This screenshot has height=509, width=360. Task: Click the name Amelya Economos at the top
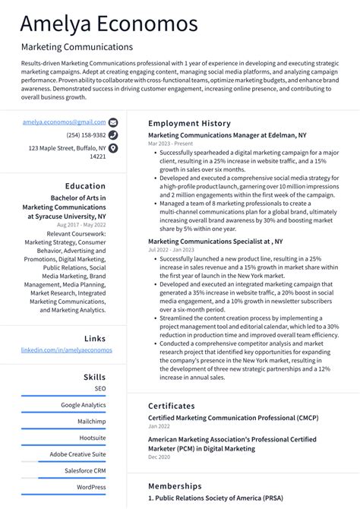point(109,24)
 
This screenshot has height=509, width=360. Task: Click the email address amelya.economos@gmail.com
point(64,122)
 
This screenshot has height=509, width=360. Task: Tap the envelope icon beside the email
point(113,122)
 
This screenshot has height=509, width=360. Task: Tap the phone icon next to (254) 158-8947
point(113,135)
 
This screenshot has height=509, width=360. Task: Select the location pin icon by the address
point(113,148)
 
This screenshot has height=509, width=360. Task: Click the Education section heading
point(85,186)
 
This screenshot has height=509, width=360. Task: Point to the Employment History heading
point(189,123)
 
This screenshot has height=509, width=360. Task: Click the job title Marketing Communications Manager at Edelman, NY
point(227,135)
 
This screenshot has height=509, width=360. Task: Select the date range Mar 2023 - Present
point(170,144)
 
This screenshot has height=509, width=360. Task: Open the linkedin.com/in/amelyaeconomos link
point(66,350)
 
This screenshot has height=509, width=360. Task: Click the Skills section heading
point(94,377)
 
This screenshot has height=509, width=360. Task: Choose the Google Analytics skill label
point(84,405)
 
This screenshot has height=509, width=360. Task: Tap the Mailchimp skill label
point(91,422)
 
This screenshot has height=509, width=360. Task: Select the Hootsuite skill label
point(93,438)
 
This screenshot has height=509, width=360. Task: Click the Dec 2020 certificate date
point(159,457)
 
